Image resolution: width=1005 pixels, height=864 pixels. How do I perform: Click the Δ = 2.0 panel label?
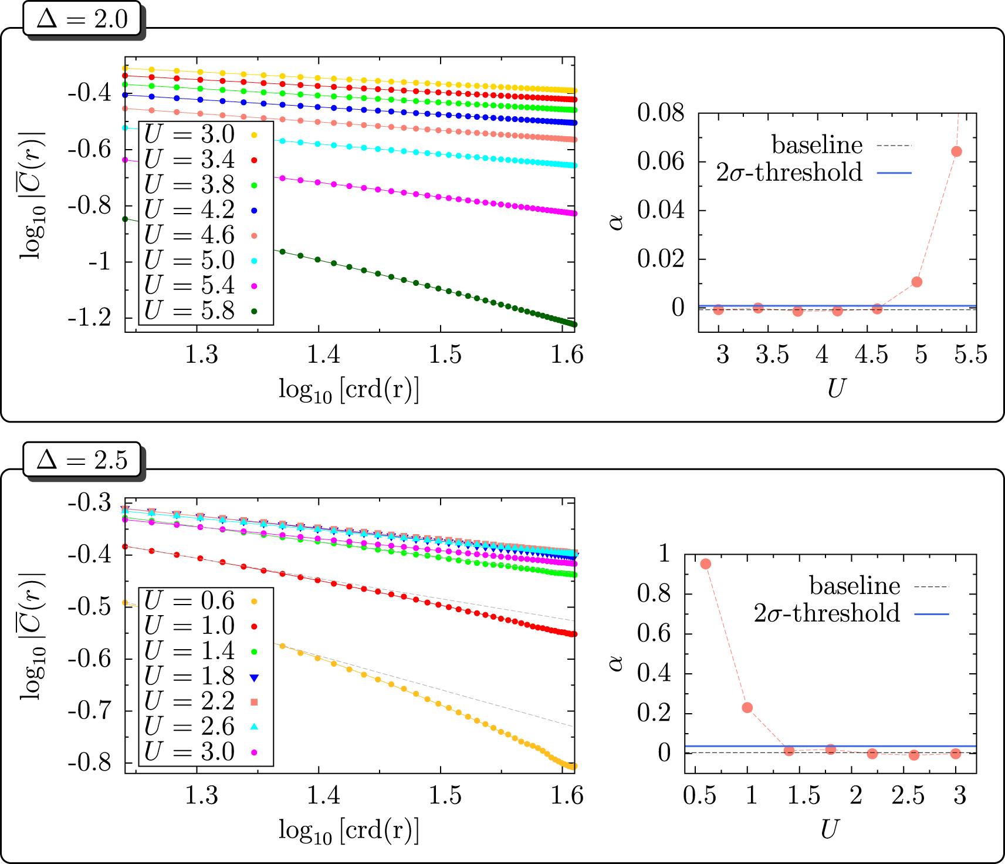[82, 19]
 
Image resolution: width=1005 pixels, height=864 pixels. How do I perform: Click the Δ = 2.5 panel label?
[82, 460]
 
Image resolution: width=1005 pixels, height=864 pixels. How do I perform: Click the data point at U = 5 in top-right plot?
[917, 282]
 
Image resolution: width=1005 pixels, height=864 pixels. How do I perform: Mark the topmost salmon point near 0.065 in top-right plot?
[956, 151]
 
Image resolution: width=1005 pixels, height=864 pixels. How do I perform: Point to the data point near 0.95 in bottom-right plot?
[706, 563]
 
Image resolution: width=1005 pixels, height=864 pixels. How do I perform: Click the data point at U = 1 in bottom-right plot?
[747, 707]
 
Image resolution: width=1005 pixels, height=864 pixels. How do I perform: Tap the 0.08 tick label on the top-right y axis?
[661, 112]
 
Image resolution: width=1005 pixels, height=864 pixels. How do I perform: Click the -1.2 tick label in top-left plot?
[89, 318]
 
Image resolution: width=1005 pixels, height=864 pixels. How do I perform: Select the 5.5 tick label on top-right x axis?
[970, 355]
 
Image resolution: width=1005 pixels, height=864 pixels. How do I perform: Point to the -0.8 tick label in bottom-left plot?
[89, 762]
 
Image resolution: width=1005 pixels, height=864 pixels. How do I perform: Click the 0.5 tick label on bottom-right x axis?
[700, 796]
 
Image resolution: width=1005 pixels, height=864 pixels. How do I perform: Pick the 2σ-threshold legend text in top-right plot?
[789, 173]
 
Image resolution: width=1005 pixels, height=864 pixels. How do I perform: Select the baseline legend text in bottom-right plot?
[854, 586]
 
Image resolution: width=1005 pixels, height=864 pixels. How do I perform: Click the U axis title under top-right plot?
[837, 389]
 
